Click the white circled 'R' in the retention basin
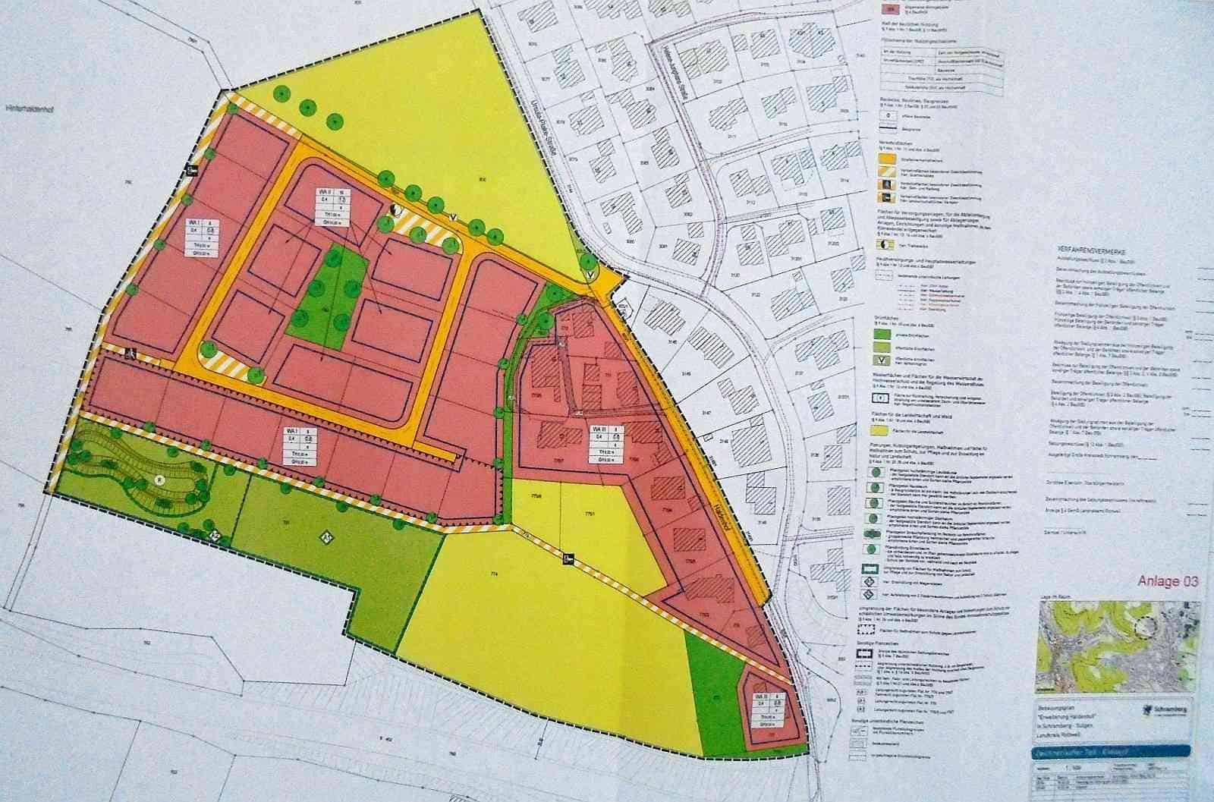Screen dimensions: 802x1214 (159, 480)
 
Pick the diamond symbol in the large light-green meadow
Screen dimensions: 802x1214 (324, 536)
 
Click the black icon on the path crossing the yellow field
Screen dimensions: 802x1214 (568, 560)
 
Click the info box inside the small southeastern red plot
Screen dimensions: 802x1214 (764, 708)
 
